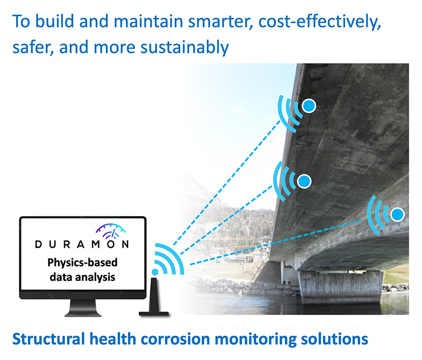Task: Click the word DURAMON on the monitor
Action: pos(82,244)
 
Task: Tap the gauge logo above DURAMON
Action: pos(111,231)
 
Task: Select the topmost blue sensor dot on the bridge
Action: pos(309,105)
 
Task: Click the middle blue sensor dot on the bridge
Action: pos(304,181)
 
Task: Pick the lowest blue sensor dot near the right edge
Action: pos(397,215)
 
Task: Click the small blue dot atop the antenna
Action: pos(155,272)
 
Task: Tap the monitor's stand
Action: pos(83,308)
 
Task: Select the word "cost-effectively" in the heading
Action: pos(320,22)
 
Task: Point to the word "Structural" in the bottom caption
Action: pos(49,339)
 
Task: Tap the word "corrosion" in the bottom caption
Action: pos(176,339)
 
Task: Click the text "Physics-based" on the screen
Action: pos(82,262)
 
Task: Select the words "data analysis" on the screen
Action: pos(82,277)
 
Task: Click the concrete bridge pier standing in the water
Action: pos(340,287)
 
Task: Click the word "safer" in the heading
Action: pos(32,47)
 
